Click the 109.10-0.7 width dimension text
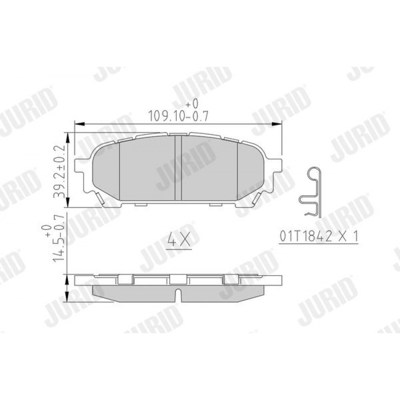tap(178, 116)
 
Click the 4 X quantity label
tap(179, 240)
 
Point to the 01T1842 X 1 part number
tap(319, 237)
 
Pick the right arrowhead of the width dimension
tap(277, 124)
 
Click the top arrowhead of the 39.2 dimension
tap(68, 138)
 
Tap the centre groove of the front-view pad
tap(178, 168)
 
